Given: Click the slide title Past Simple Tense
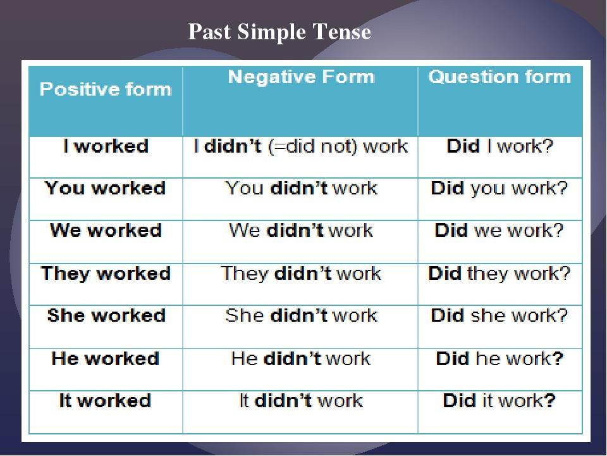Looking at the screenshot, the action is point(279,32).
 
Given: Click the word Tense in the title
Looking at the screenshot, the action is point(341,32).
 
